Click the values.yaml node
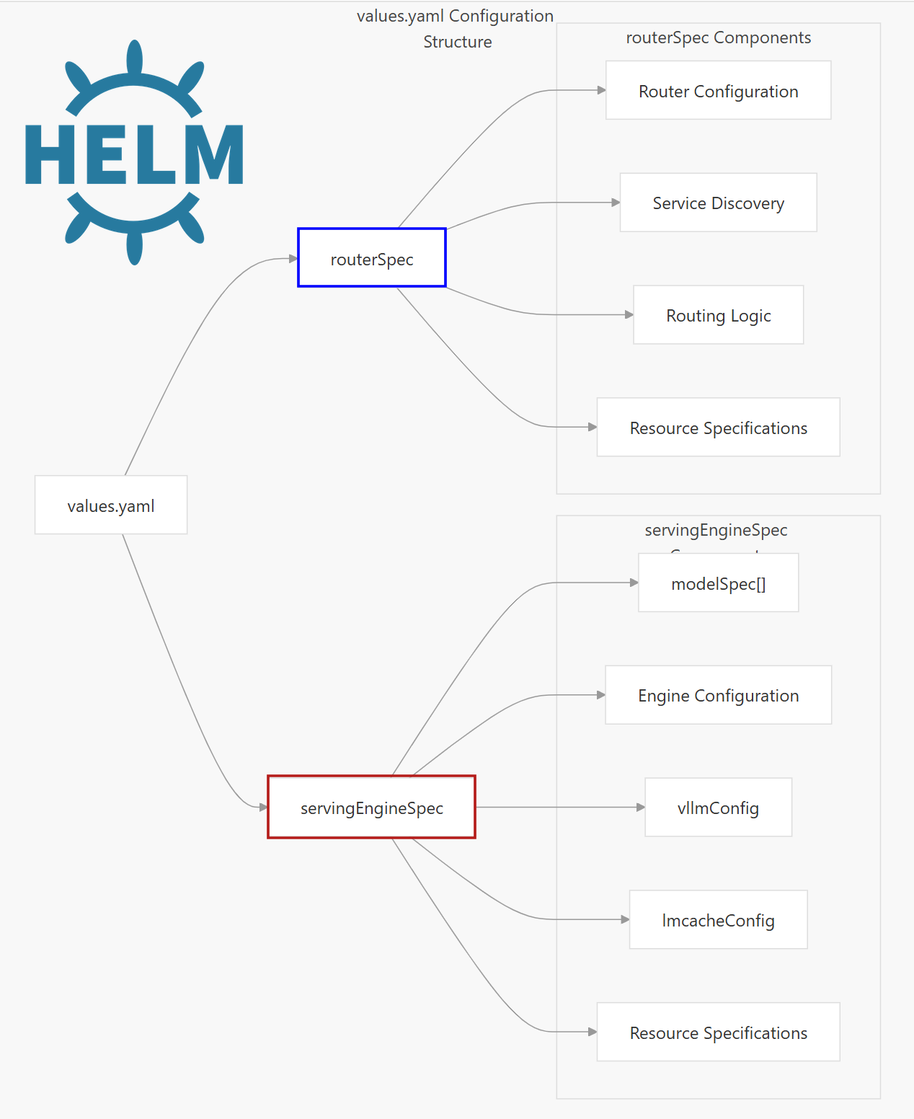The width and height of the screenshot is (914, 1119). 111,505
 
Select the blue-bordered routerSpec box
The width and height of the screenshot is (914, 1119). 372,258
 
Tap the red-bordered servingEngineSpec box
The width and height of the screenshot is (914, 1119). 371,808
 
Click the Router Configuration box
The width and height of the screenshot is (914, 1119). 718,91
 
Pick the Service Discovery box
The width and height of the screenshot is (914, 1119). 718,203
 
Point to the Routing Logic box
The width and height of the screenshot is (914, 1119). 718,315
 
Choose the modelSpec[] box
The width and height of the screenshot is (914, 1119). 718,583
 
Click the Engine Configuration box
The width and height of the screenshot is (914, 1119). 718,695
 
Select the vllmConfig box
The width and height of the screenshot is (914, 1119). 718,808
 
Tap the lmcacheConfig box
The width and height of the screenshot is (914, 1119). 718,920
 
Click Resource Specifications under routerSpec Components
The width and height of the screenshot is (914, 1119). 718,428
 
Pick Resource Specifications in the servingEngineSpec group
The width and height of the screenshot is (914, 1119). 718,1032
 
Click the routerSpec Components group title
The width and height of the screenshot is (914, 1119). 718,37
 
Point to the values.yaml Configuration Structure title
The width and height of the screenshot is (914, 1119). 456,29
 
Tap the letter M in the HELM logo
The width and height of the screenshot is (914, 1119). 214,154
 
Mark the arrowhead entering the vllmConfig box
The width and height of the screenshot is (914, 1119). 640,808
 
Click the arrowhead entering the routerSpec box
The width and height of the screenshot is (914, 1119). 293,258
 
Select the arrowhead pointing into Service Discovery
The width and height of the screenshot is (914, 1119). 616,203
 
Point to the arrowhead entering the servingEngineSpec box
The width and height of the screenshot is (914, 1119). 263,807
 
